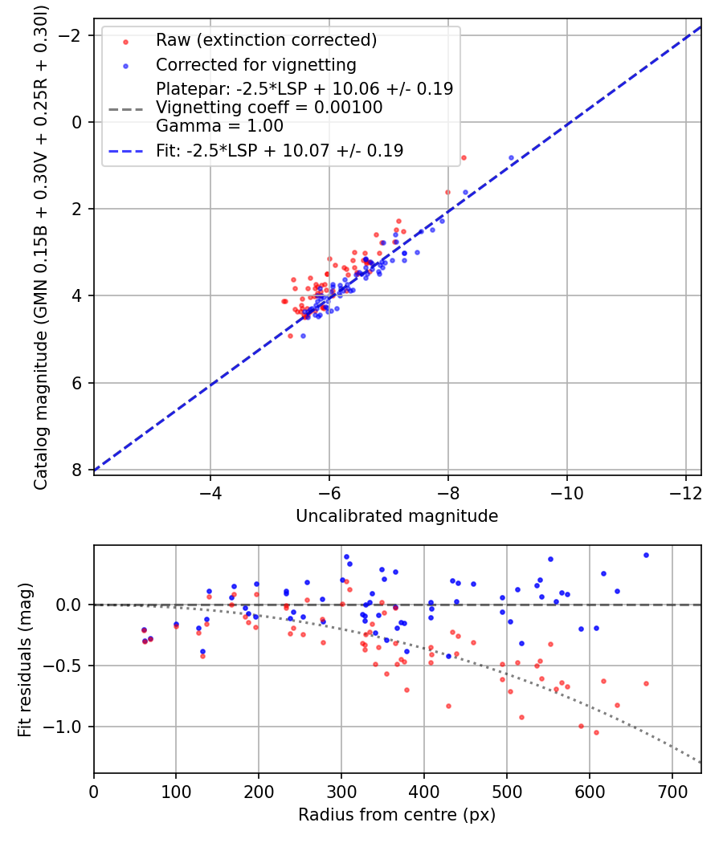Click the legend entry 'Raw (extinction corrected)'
click(266, 40)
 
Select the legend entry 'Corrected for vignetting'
click(256, 65)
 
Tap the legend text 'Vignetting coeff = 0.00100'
click(269, 108)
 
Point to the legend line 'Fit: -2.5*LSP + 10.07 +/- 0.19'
click(280, 151)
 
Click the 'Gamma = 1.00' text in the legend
click(219, 126)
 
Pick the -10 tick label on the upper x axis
click(567, 492)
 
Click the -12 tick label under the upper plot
click(686, 492)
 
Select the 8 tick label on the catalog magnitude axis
click(76, 470)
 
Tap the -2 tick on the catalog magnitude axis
click(70, 35)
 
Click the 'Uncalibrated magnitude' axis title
click(397, 516)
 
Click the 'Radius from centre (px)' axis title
click(397, 815)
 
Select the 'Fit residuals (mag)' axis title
click(25, 660)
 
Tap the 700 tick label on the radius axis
click(672, 792)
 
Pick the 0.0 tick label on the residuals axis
click(69, 605)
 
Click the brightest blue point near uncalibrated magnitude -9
click(511, 158)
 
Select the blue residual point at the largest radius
click(646, 556)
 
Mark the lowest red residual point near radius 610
click(596, 733)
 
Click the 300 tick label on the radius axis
click(341, 792)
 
